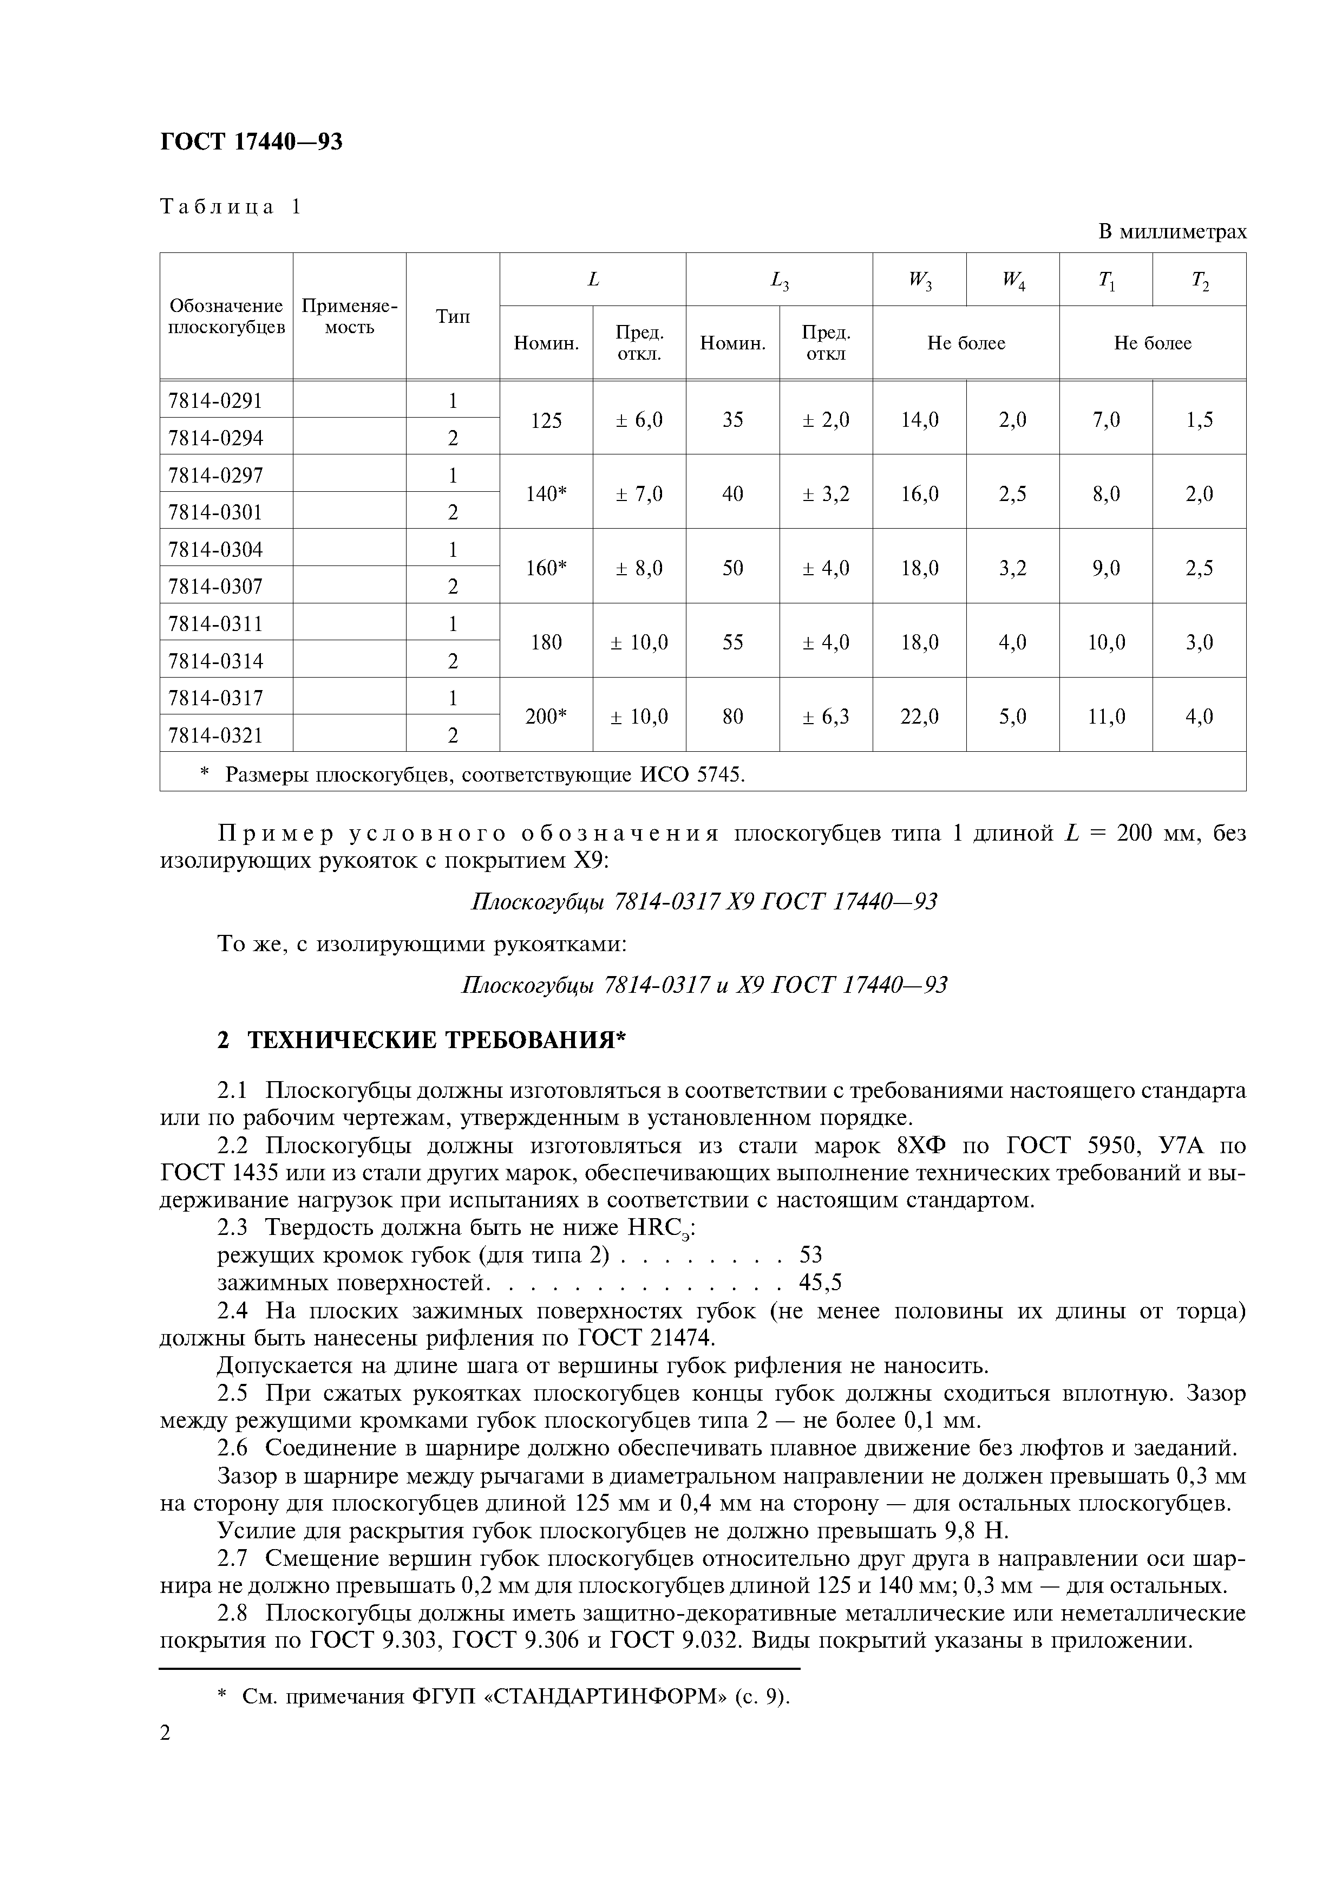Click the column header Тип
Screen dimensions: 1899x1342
pos(452,317)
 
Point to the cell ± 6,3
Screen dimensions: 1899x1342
pos(825,716)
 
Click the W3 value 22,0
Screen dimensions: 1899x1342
pos(919,716)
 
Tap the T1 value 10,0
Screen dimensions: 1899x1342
pos(1105,642)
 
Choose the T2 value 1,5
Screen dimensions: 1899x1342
pos(1199,419)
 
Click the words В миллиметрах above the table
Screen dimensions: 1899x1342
pos(1171,232)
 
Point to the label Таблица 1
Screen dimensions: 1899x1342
pos(231,207)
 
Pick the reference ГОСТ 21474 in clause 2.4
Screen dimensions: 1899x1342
pos(645,1337)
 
